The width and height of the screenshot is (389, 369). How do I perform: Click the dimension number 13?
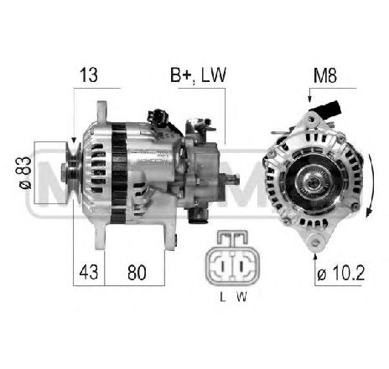89,75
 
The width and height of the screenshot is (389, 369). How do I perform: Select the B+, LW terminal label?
198,75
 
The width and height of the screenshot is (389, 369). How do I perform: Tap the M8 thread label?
325,75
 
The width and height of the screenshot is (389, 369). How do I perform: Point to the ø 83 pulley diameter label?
24,172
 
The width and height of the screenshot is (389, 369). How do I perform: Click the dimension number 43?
89,273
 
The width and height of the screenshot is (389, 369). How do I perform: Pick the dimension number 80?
137,273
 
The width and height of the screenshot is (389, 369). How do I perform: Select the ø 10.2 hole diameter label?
341,273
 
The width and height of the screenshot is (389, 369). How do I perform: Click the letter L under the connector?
223,297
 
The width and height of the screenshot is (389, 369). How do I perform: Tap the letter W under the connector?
242,297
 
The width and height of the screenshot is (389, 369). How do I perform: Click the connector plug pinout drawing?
232,257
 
